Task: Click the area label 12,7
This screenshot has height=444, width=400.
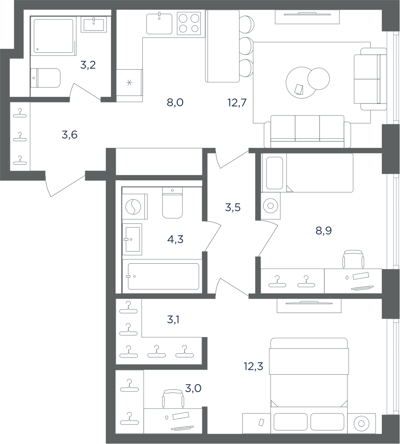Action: click(237, 103)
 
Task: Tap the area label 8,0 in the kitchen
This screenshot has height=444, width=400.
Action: click(175, 103)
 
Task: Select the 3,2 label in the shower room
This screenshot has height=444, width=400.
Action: click(88, 65)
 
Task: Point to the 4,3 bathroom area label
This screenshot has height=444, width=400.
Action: click(176, 240)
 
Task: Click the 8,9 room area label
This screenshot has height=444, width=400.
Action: click(324, 231)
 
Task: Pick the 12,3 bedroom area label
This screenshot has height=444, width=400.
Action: click(253, 366)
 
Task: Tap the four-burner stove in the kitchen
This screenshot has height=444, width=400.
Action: click(189, 23)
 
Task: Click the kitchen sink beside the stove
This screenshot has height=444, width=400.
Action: click(159, 24)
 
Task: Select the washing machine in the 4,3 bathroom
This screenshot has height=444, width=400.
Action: click(135, 206)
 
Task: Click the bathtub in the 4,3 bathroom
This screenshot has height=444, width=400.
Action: click(163, 276)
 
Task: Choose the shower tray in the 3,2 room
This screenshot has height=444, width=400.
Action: click(53, 36)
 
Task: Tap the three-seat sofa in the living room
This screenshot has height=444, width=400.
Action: click(308, 131)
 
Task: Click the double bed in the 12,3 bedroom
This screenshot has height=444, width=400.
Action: click(309, 385)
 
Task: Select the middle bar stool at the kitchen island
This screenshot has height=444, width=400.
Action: click(247, 45)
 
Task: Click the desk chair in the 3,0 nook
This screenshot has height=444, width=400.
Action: click(173, 399)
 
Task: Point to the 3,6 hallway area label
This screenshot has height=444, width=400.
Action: click(69, 135)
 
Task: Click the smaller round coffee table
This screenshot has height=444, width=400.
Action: click(319, 79)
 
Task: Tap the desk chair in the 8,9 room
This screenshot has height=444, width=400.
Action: click(354, 259)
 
